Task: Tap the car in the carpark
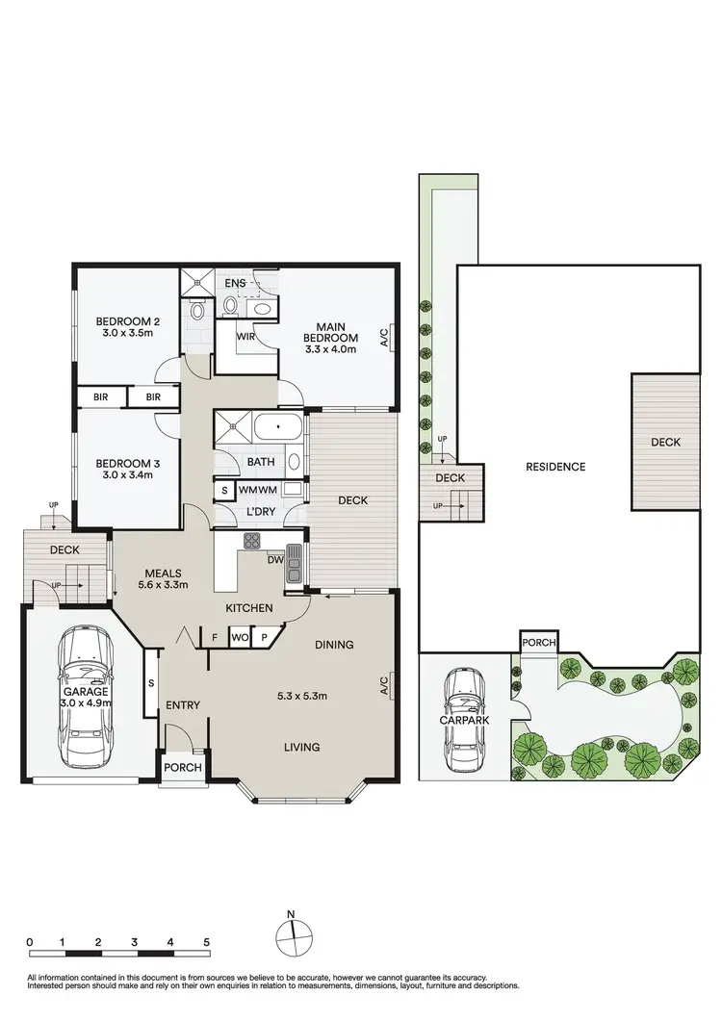click(464, 713)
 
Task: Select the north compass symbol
click(292, 935)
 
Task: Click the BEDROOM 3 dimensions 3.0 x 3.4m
click(127, 474)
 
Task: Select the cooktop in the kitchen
click(252, 542)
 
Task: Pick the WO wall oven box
click(238, 636)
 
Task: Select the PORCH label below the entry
click(182, 767)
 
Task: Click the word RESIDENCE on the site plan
click(555, 467)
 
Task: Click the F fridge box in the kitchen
click(214, 636)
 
